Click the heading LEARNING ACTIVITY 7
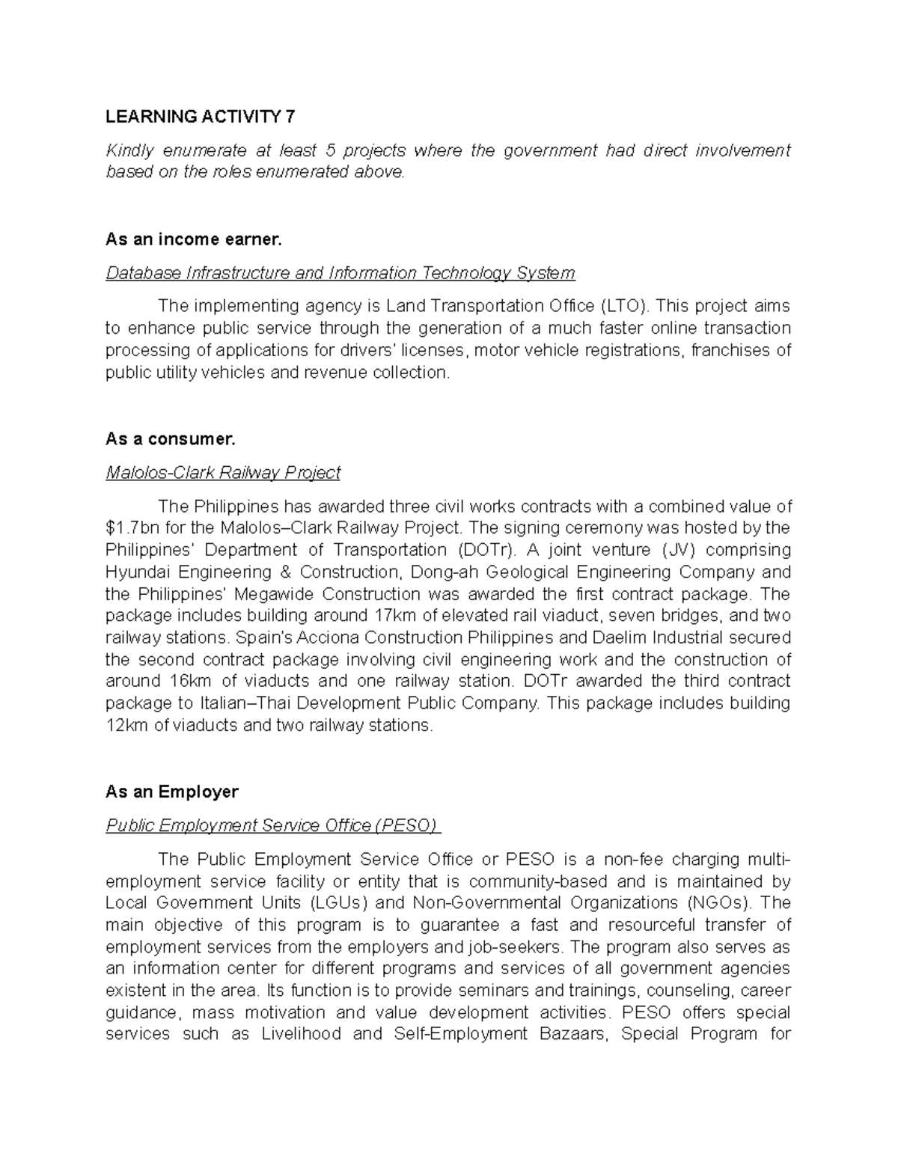[x=200, y=117]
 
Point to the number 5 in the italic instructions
[x=347, y=150]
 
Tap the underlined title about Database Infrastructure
[x=340, y=273]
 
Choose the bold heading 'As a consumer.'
[x=171, y=439]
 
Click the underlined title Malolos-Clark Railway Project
[x=223, y=473]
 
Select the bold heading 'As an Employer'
[x=172, y=792]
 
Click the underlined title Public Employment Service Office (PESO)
[x=273, y=825]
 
